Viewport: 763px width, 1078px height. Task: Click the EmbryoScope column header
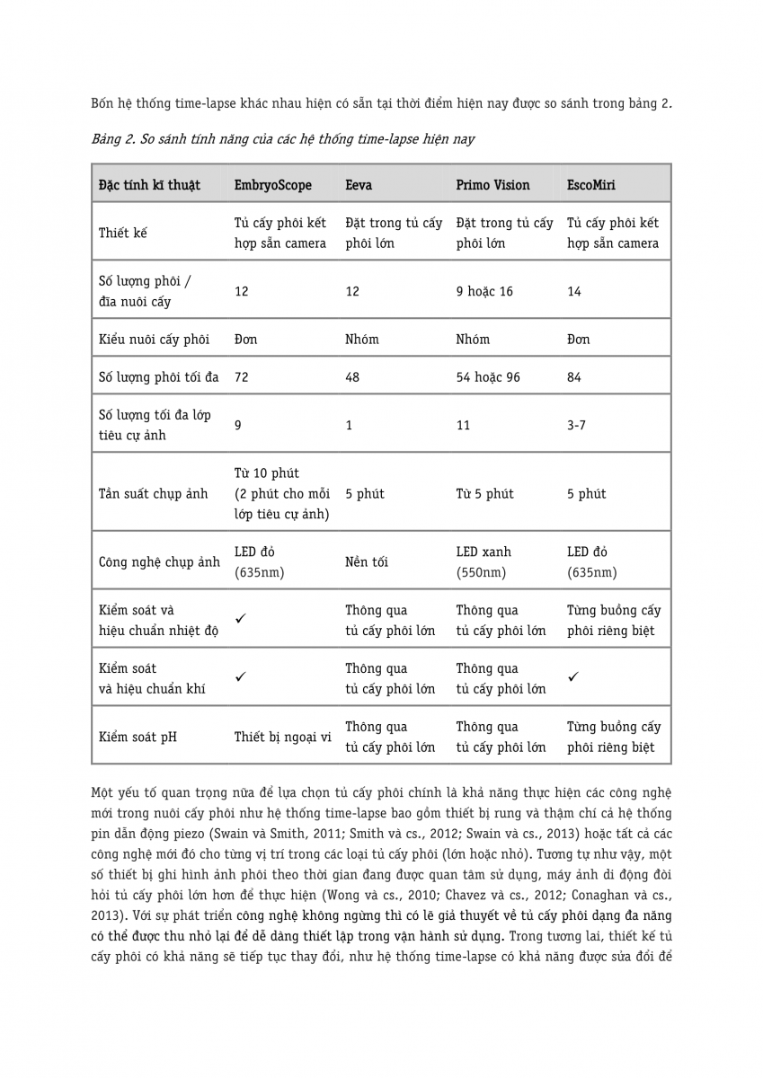pos(273,185)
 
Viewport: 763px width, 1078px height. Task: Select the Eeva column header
pos(359,185)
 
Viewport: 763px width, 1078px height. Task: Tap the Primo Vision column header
pos(492,185)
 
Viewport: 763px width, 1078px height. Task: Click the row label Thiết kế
pos(122,233)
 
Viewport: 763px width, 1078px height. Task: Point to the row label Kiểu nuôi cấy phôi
pos(154,339)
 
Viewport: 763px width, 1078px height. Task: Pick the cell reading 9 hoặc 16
pos(484,291)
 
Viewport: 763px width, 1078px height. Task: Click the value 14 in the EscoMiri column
pos(574,291)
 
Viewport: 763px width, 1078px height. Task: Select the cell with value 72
pos(241,377)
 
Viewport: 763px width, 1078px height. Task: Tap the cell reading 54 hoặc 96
pos(488,377)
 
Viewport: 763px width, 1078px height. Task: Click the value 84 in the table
pos(574,377)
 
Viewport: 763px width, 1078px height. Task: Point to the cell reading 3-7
pos(576,425)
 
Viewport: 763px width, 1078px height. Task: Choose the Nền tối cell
pos(367,562)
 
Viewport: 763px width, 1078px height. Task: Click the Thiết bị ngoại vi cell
pos(283,737)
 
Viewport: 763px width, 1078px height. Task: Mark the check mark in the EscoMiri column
pos(573,677)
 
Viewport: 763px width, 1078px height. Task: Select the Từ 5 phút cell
pos(484,493)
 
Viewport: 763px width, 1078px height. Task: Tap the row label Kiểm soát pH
pos(138,737)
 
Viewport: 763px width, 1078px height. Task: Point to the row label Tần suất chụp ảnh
pos(153,493)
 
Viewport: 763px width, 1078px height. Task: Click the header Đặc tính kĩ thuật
pos(149,185)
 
